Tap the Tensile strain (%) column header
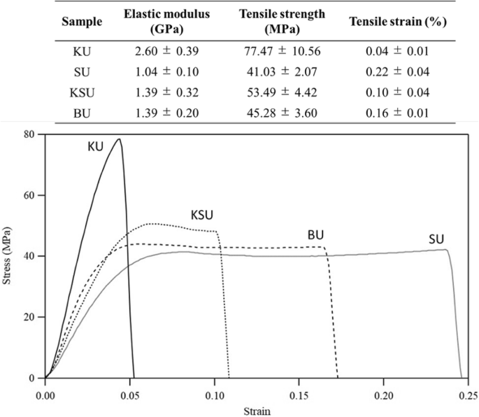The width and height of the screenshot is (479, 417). [x=398, y=21]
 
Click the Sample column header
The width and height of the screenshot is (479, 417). [x=82, y=21]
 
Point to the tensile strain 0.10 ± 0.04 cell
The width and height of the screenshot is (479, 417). [x=398, y=92]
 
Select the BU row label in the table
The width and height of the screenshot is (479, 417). [x=82, y=113]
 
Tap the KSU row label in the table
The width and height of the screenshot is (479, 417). [x=82, y=92]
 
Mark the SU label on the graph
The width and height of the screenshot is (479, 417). [x=437, y=241]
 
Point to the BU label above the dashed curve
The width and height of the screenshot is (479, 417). [x=316, y=234]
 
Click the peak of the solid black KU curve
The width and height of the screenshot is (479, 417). [x=120, y=139]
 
